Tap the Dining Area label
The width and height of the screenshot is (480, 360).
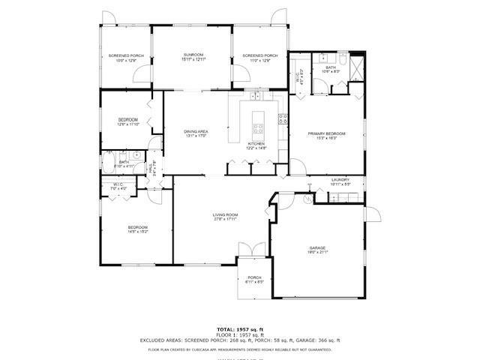pos(196,132)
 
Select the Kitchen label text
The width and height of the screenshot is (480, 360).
pos(256,143)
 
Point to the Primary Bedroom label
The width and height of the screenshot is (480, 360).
pos(326,133)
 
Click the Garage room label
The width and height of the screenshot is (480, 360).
pos(318,247)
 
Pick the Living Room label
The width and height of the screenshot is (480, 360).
pos(225,214)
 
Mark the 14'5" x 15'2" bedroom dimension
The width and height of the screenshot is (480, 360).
pos(137,232)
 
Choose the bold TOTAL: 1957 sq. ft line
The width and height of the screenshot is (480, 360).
pos(240,329)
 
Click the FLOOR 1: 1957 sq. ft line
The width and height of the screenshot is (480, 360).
pos(240,334)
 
